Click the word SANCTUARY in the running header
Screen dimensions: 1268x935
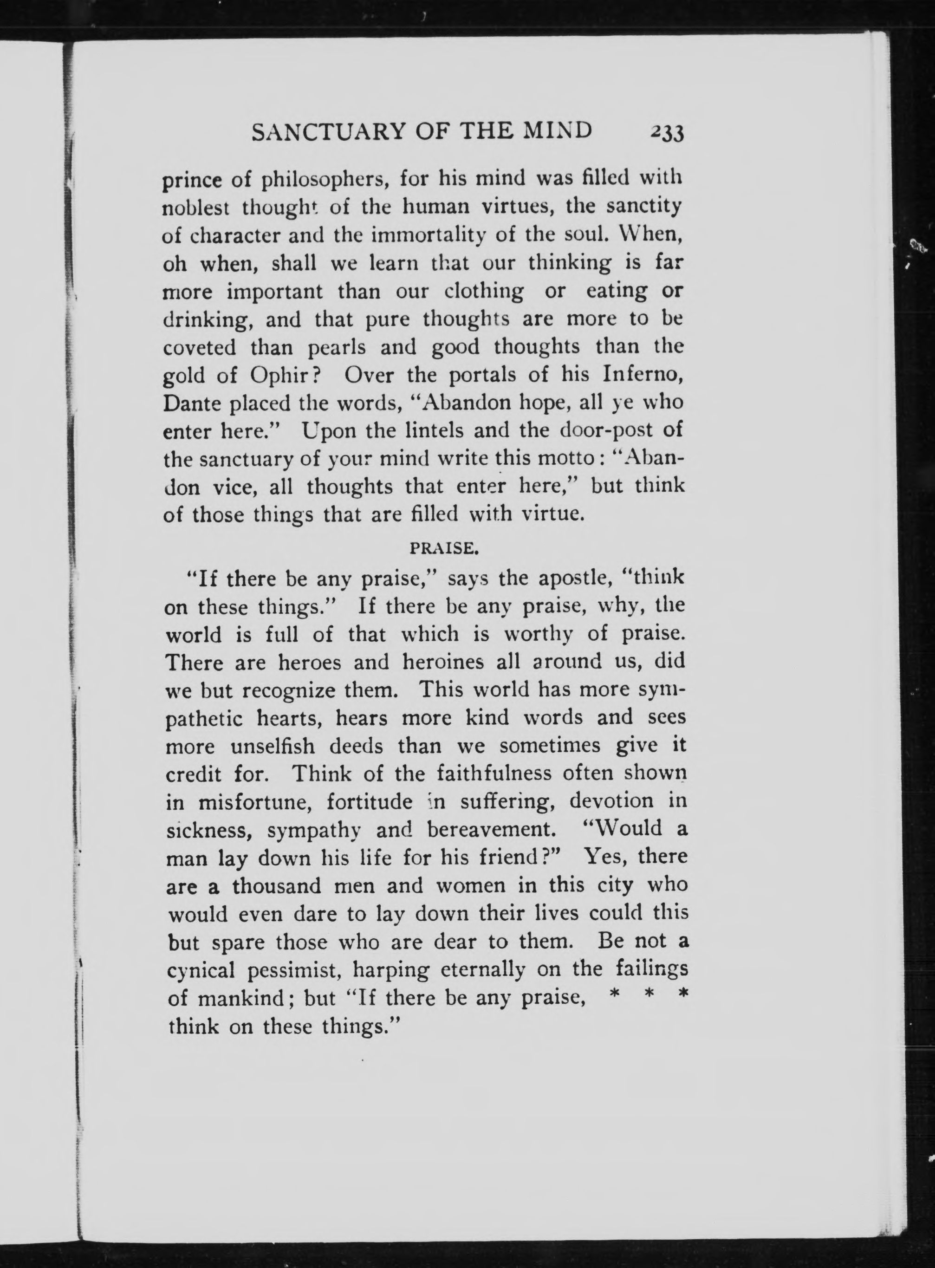point(329,131)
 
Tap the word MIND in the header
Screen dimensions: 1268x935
point(557,131)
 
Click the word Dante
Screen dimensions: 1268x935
point(189,403)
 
